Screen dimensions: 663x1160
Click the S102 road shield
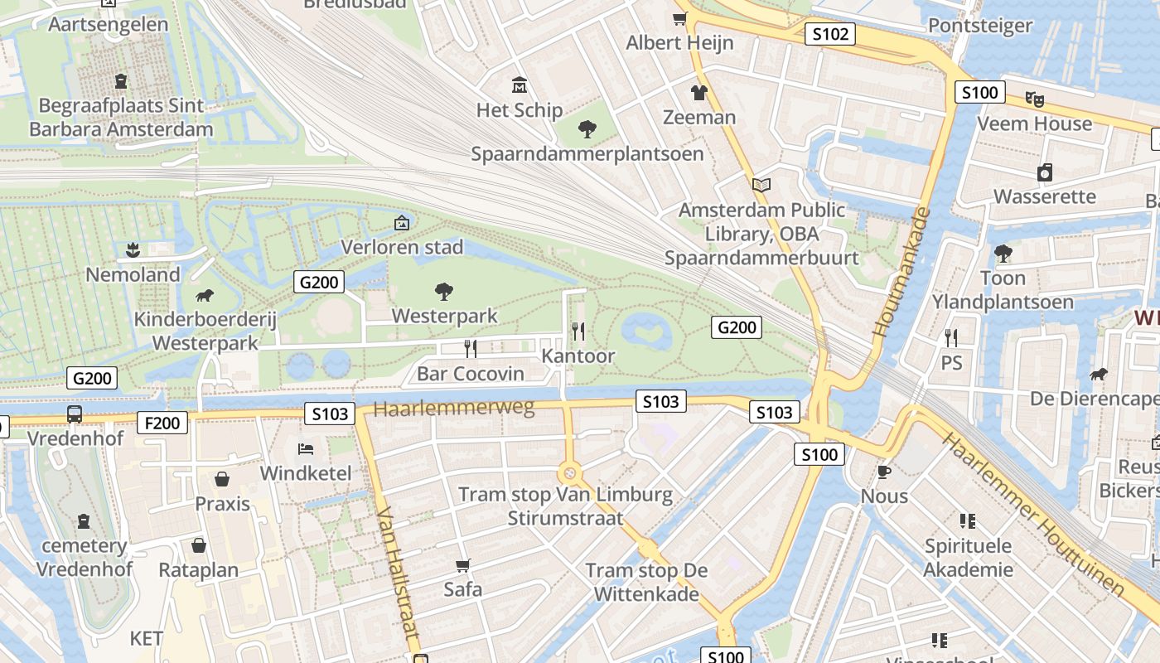(x=829, y=34)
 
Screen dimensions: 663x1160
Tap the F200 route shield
(x=162, y=423)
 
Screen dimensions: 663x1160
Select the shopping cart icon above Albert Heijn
(x=680, y=19)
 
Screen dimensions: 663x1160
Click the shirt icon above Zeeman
(x=699, y=92)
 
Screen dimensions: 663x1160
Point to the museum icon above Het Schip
(x=520, y=85)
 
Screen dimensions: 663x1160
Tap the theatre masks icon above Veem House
(x=1034, y=99)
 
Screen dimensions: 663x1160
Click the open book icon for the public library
(x=761, y=185)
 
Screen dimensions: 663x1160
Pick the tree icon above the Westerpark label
(x=444, y=291)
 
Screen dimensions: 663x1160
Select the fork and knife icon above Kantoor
(x=578, y=331)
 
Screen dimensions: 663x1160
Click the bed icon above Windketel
(x=306, y=449)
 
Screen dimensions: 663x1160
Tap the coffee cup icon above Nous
(x=884, y=472)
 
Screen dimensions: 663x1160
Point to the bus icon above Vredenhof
(x=75, y=414)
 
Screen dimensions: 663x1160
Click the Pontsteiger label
(x=980, y=26)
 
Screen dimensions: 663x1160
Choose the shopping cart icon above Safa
(x=463, y=565)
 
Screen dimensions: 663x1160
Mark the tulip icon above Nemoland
(x=133, y=249)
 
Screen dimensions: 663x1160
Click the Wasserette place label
(x=1044, y=197)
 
